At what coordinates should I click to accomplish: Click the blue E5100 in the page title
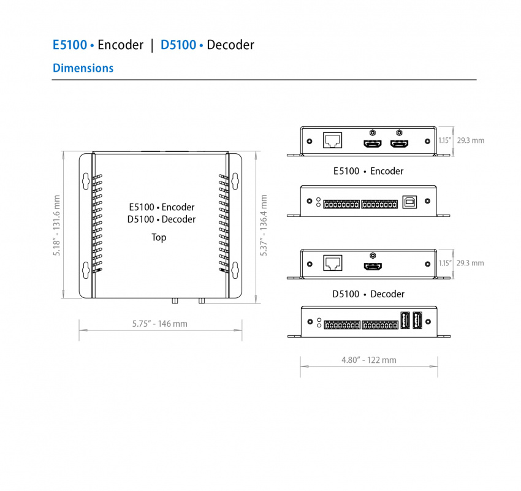click(69, 45)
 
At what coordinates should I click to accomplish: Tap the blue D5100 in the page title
click(178, 45)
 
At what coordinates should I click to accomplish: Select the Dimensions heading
click(83, 68)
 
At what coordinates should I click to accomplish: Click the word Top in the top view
click(159, 237)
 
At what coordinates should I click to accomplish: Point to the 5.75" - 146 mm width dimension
click(160, 324)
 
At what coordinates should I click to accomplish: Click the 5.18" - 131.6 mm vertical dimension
click(57, 226)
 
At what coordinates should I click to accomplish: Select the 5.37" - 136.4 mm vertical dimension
click(264, 226)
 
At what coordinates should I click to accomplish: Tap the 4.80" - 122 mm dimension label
click(368, 360)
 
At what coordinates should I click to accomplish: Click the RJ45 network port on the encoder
click(332, 140)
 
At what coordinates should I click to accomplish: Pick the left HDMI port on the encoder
click(372, 144)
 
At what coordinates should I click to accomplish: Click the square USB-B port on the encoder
click(409, 202)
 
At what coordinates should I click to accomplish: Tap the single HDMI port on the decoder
click(372, 267)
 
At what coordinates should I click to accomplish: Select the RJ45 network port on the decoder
click(332, 263)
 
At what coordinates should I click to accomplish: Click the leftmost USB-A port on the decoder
click(405, 321)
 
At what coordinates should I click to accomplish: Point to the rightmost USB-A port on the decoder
click(417, 321)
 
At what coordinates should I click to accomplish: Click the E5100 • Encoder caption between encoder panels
click(368, 171)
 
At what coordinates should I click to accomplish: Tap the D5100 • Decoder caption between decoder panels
click(368, 294)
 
